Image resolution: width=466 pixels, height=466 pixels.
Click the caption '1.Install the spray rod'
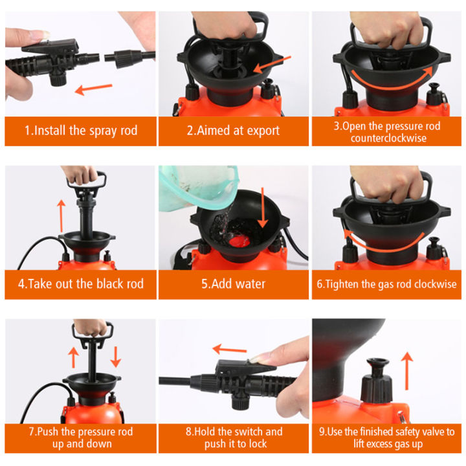pos(81,130)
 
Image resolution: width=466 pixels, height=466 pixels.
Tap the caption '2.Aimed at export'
pos(233,130)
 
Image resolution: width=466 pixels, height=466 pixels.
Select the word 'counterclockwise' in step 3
pos(388,138)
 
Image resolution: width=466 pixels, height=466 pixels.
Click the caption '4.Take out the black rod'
pos(81,284)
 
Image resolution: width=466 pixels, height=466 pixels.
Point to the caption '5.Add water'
pos(233,284)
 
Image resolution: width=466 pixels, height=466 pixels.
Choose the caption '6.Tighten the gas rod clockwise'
pos(388,284)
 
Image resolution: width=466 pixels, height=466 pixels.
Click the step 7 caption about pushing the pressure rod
pos(81,438)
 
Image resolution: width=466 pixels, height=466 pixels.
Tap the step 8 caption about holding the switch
pos(234,438)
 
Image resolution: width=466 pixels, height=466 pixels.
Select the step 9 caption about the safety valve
pos(388,438)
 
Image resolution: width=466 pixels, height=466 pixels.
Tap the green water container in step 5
pos(194,188)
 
